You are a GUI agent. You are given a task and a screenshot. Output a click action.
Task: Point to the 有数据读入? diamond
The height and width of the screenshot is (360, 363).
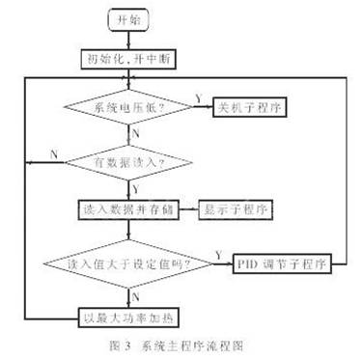click(x=126, y=161)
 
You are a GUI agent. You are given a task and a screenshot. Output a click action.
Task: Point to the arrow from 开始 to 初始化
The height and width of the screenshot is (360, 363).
click(x=126, y=39)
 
